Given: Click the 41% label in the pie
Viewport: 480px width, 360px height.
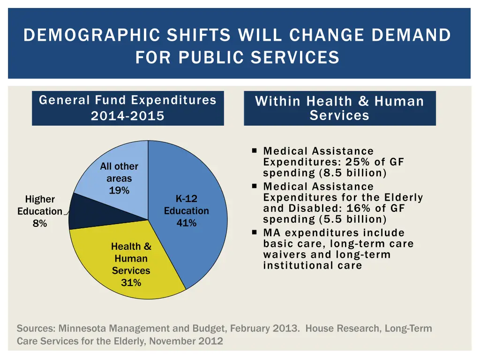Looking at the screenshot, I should (186, 223).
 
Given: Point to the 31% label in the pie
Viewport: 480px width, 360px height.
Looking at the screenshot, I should (131, 283).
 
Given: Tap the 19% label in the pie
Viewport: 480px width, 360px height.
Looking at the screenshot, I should (119, 191).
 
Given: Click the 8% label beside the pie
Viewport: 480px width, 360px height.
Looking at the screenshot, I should (40, 224).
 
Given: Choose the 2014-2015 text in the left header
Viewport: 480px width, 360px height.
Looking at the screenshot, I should (127, 116).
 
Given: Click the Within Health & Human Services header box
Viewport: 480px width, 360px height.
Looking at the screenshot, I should (339, 108).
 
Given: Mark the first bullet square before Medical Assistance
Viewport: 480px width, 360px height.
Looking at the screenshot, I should (254, 151).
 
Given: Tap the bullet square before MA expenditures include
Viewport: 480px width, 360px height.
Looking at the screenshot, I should (254, 232).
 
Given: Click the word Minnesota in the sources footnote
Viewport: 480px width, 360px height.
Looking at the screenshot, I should (81, 329).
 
